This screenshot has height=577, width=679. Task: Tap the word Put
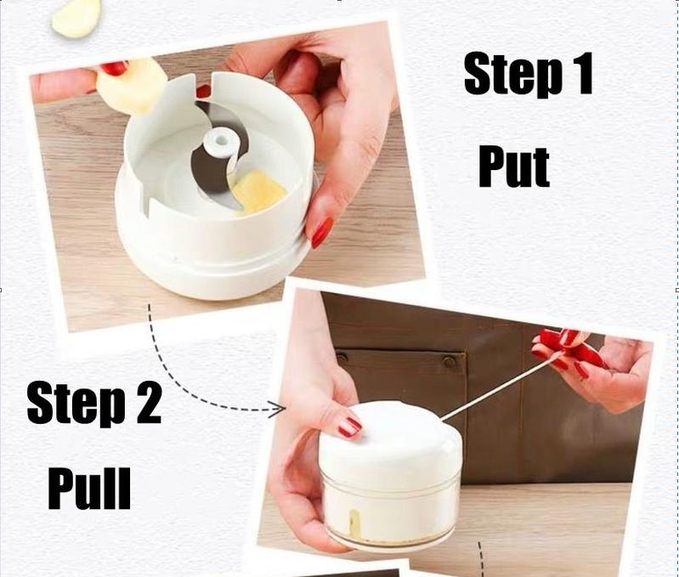514,167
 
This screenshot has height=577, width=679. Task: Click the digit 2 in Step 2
148,404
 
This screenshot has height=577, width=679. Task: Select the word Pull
89,489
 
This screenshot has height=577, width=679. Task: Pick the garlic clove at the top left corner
76,17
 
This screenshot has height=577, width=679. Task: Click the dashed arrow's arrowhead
277,409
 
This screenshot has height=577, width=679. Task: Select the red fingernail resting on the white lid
349,427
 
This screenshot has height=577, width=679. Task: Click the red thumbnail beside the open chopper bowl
322,232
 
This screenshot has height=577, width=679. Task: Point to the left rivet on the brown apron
342,359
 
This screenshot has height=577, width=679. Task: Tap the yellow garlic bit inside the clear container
354,523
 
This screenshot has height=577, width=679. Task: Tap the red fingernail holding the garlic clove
115,68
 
